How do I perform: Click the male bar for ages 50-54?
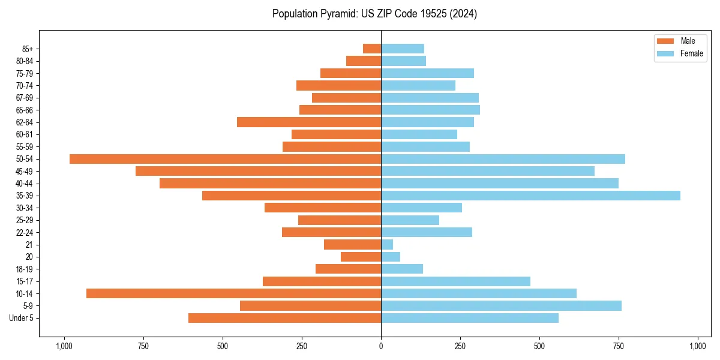pyautogui.click(x=225, y=159)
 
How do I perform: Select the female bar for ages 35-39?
pyautogui.click(x=530, y=196)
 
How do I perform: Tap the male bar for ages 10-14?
pyautogui.click(x=233, y=293)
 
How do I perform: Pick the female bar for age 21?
pyautogui.click(x=387, y=245)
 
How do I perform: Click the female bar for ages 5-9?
pyautogui.click(x=501, y=306)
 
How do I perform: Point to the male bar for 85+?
pyautogui.click(x=372, y=49)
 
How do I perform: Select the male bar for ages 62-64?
pyautogui.click(x=309, y=122)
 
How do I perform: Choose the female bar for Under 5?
pyautogui.click(x=470, y=318)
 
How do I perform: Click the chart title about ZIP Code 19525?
pyautogui.click(x=374, y=14)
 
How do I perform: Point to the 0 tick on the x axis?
pyautogui.click(x=381, y=346)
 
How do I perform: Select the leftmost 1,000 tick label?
pyautogui.click(x=64, y=346)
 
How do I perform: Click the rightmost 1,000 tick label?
pyautogui.click(x=698, y=346)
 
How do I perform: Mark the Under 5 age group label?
pyautogui.click(x=22, y=318)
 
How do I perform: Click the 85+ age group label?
pyautogui.click(x=26, y=49)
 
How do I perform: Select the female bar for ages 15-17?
pyautogui.click(x=455, y=281)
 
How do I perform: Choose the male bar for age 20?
pyautogui.click(x=361, y=257)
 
